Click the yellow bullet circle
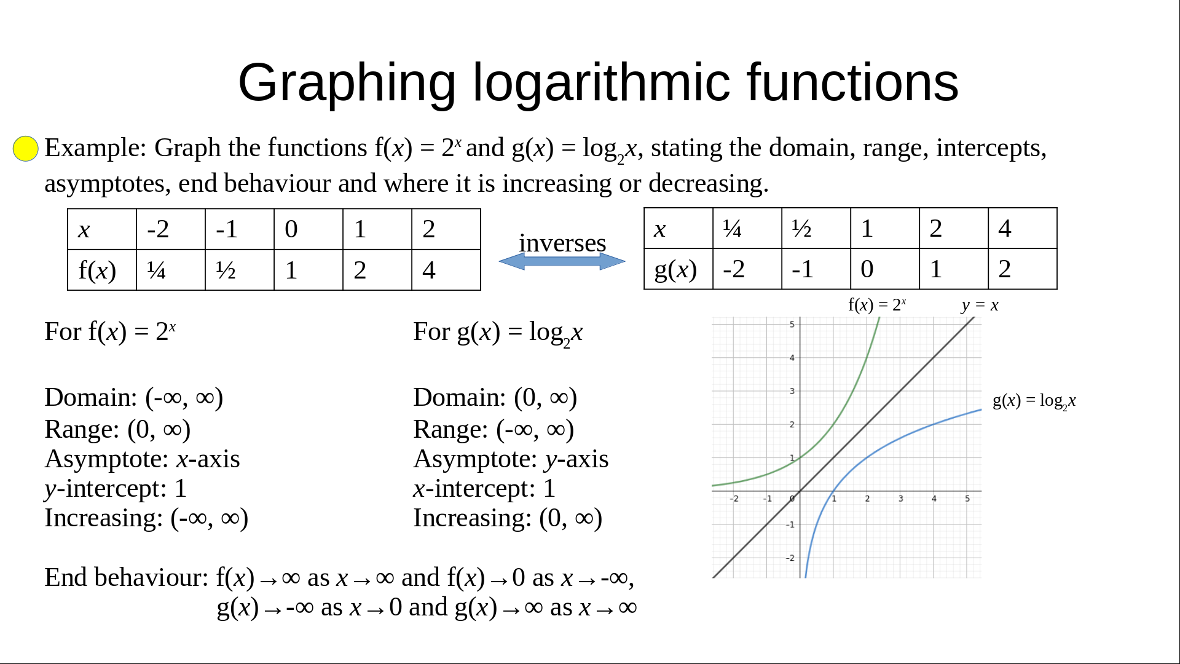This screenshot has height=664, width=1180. (26, 148)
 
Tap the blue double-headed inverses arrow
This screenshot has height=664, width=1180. (562, 261)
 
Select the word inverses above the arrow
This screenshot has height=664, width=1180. (562, 243)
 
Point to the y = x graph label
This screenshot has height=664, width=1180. (980, 305)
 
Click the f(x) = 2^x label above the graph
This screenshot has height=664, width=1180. (877, 304)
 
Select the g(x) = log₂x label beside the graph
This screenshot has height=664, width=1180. (1034, 401)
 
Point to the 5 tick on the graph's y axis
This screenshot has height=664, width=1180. (792, 324)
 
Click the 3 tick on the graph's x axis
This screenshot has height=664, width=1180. (901, 499)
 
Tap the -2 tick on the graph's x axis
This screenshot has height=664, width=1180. (734, 499)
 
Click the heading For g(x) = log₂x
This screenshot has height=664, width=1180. (498, 333)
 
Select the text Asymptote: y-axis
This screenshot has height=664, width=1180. (511, 459)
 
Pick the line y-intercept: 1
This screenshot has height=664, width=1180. (116, 489)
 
